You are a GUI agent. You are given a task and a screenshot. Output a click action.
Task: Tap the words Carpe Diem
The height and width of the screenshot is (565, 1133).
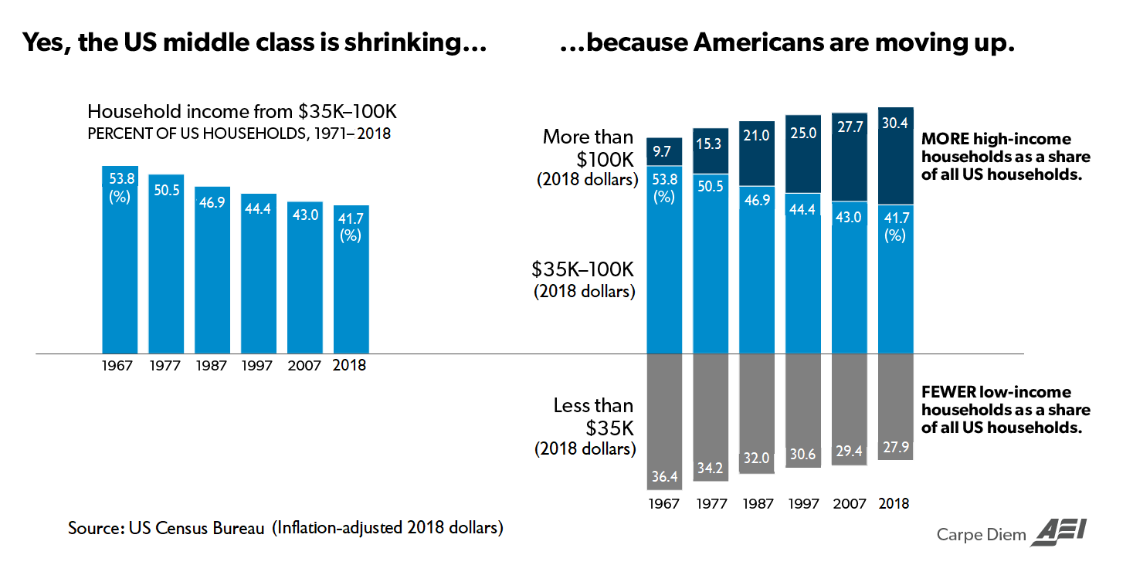(980, 534)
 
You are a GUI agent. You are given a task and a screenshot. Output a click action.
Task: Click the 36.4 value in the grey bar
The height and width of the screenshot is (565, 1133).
(664, 477)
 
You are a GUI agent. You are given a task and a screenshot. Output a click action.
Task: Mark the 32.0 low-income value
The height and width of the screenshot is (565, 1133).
(757, 458)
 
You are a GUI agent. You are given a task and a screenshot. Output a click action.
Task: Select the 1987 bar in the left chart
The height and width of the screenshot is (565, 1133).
(212, 270)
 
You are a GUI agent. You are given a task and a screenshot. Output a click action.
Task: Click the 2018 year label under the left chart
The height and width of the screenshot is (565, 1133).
(350, 366)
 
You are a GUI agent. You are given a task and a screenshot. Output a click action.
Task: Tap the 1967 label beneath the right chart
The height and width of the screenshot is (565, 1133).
(664, 504)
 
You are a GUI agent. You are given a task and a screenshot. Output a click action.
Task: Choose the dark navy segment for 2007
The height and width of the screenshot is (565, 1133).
(849, 158)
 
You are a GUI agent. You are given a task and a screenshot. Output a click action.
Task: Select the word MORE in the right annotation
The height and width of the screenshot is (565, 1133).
(941, 140)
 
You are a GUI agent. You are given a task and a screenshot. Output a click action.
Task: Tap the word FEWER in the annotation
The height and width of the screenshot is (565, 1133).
(947, 393)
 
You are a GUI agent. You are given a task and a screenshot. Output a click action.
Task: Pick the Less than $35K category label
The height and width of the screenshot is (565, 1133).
(592, 415)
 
